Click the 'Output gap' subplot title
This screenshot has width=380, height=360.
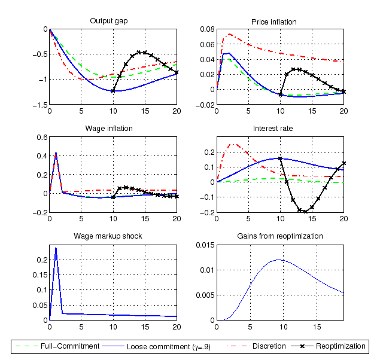tap(109, 22)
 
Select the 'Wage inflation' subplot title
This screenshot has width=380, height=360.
tap(109, 129)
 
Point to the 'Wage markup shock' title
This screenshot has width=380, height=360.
tap(109, 236)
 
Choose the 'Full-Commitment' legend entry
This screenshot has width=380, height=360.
tap(63, 346)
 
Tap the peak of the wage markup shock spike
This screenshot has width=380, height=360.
tap(56, 248)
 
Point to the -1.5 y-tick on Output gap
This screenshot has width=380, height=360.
tap(41, 105)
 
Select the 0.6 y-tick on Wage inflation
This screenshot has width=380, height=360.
tap(41, 136)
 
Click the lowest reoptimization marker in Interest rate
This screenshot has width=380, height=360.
tap(305, 211)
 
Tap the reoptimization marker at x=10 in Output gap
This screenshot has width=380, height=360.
tap(113, 91)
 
